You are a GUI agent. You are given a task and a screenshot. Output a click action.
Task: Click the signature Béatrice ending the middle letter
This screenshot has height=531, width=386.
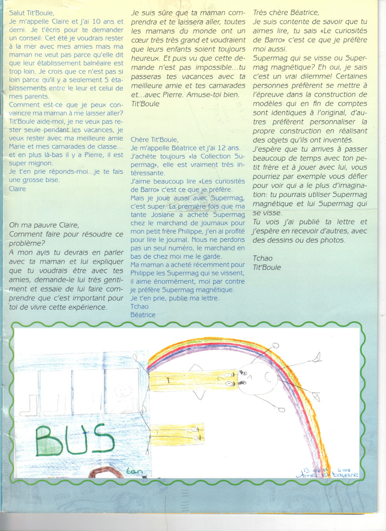point(143,315)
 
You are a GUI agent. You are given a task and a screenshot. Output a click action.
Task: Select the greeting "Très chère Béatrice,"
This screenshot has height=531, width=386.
point(286,13)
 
